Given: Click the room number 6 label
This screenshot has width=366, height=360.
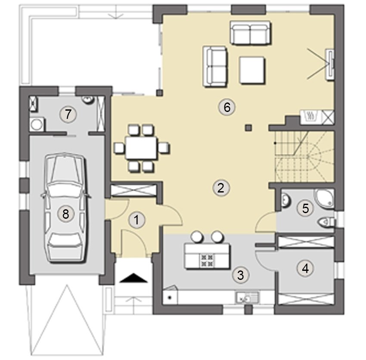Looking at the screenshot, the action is point(227,108).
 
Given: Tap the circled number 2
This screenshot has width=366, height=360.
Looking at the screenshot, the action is point(221,188).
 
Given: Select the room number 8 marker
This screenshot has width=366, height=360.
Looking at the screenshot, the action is point(65,214).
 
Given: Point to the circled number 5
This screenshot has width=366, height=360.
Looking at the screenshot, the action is point(306,208).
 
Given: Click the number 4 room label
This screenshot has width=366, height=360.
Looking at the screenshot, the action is point(305,268).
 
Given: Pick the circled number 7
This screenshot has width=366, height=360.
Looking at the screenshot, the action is point(68,114).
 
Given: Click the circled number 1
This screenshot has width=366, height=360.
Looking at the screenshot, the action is point(136,220).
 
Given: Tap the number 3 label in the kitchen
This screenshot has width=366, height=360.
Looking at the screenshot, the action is point(241,275).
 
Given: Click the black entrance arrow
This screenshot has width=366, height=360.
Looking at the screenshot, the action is point(133,278).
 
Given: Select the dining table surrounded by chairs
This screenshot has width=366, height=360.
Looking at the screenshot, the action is point(141,148).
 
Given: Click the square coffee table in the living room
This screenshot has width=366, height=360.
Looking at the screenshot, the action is point(252,70).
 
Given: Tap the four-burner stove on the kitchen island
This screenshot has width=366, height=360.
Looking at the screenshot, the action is point(207,261).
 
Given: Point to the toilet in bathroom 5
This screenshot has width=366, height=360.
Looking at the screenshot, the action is point(326,222).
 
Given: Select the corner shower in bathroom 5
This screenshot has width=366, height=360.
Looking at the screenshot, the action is point(325,198).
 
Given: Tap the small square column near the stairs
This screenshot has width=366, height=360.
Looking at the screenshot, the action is point(248,127).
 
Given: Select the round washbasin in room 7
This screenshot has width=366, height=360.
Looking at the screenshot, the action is point(88,99).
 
